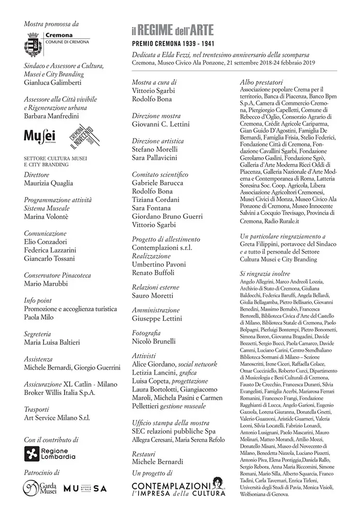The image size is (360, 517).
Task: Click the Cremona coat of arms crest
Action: [x=33, y=44]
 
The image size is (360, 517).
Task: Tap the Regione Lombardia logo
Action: [x=50, y=453]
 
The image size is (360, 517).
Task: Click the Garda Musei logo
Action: [x=39, y=488]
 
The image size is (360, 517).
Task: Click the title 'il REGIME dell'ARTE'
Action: [x=172, y=30]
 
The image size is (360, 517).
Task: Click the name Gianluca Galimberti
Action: [x=53, y=82]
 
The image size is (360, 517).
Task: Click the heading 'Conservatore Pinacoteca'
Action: [x=57, y=275]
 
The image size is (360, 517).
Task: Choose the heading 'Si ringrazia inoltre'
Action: [x=265, y=273]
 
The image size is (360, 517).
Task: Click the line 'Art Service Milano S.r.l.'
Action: [x=57, y=418]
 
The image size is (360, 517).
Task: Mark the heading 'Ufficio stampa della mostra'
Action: [x=171, y=422]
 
